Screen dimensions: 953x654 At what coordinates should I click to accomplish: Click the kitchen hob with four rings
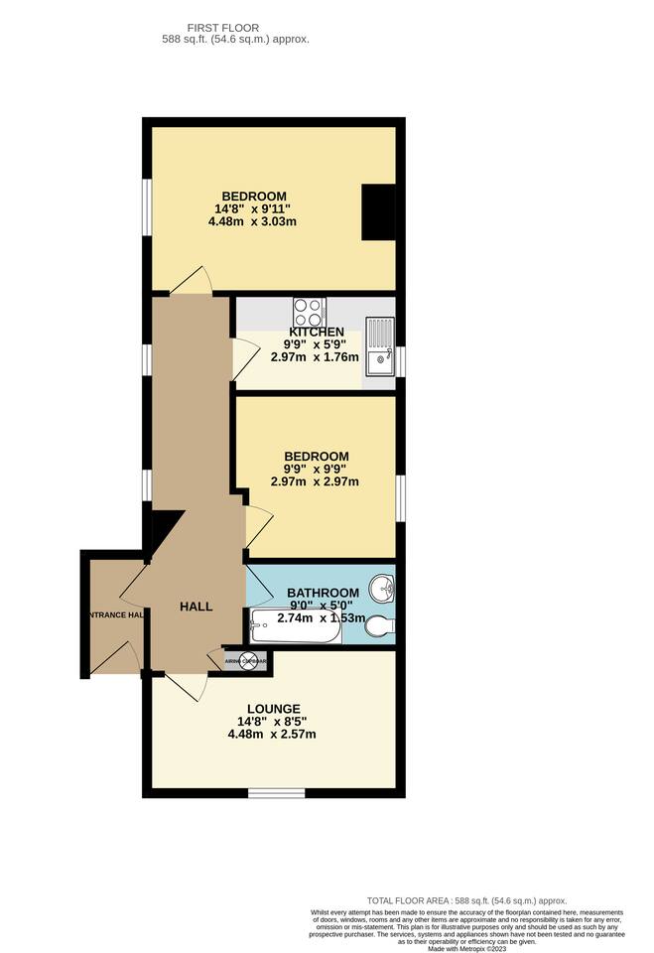point(309,310)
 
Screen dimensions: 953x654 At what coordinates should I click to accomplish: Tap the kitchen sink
point(380,347)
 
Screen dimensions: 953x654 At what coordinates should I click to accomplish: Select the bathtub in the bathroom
point(296,628)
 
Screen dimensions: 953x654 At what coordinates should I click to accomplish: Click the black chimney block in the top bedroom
point(378,212)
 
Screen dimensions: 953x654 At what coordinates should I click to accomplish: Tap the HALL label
point(196,606)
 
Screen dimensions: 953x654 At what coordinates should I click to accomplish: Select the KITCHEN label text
point(317,332)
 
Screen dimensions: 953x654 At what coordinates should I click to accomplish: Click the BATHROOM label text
point(323,593)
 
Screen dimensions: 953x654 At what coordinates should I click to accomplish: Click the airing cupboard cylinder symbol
point(233,659)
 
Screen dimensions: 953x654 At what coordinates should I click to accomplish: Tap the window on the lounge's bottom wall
point(276,792)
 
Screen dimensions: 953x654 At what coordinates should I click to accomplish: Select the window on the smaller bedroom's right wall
point(400,496)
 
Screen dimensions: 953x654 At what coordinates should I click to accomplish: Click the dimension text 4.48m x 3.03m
point(253,221)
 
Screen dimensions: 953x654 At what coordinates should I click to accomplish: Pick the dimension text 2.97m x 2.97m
point(316,482)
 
